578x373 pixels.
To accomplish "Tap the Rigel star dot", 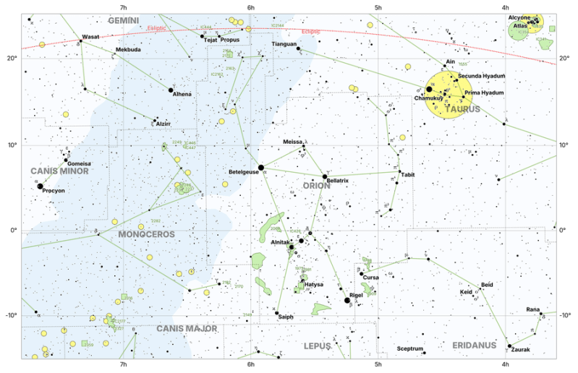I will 347,300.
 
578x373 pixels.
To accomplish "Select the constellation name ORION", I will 316,186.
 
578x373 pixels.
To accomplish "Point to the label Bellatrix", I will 338,180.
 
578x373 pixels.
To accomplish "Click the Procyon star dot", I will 40,186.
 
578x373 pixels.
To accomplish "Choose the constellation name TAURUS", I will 463,109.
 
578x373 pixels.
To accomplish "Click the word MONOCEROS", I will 147,235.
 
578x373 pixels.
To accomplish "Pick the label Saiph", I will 285,317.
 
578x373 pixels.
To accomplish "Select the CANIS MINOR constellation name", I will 59,171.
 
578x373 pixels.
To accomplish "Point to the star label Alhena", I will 182,94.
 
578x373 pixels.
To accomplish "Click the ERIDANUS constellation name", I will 475,346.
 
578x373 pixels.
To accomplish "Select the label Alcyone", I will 519,17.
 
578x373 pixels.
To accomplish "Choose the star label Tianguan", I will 284,44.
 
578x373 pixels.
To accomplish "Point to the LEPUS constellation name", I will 317,346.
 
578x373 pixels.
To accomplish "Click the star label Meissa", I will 293,142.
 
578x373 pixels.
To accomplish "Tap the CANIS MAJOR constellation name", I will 187,328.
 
